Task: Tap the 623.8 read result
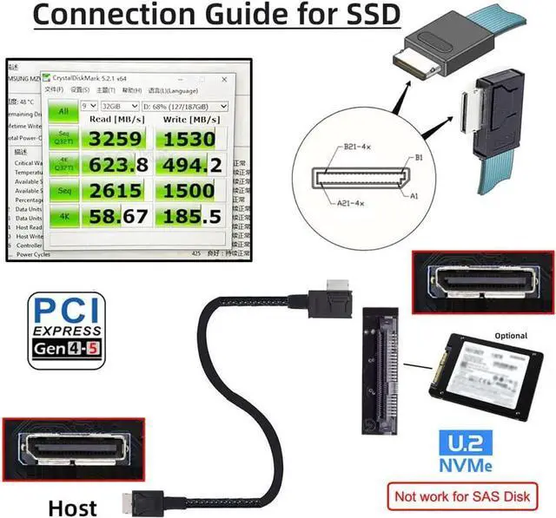pos(116,164)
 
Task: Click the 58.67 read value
pos(116,216)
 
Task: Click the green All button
pos(63,111)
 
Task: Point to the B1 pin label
pos(420,158)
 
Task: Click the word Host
pos(72,506)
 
